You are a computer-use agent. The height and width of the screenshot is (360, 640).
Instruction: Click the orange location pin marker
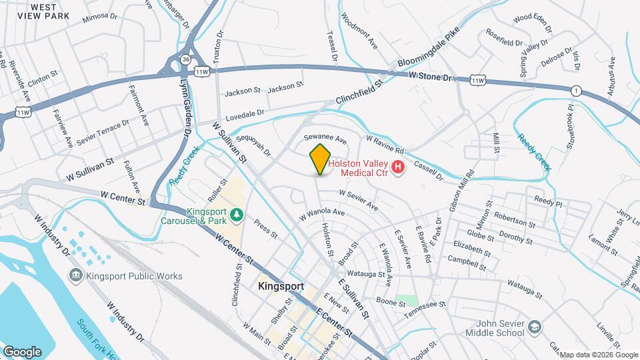[x=320, y=159]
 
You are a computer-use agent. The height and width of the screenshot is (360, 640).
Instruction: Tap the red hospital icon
[x=398, y=167]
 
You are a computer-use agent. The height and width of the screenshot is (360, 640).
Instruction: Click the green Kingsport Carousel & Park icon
[x=237, y=215]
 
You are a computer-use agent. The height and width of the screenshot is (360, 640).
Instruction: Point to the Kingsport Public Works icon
[x=75, y=275]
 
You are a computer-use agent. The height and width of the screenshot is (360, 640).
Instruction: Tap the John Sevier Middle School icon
[x=535, y=327]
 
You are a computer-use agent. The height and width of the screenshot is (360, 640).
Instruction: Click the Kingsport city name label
[x=281, y=287]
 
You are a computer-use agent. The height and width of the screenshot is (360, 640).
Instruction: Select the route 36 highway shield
[x=185, y=59]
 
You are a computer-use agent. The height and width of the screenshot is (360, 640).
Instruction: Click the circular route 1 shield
[x=575, y=90]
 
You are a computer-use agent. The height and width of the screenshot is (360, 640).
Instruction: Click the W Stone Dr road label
[x=431, y=77]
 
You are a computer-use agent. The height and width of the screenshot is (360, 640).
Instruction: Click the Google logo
[x=22, y=351]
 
